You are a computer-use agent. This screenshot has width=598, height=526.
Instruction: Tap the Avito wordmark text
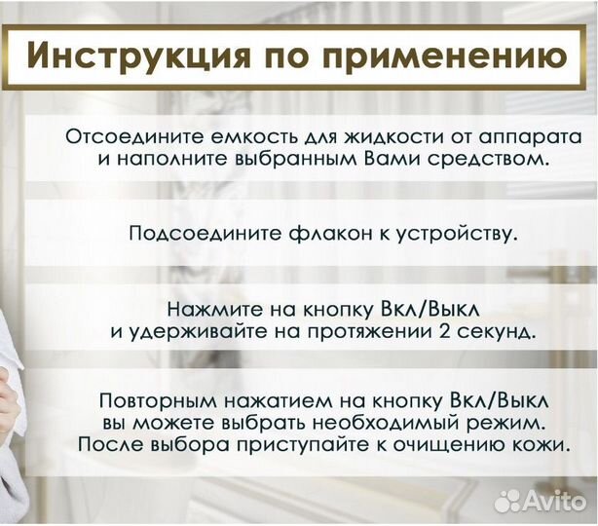point(553,501)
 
